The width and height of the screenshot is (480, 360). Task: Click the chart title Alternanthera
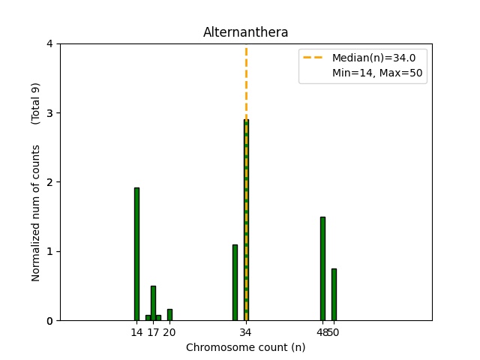[x=246, y=32]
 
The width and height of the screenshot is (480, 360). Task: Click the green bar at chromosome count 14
[x=136, y=254]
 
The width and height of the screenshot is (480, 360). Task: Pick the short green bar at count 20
[x=169, y=315]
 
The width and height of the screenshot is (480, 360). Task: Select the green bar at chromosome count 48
[x=322, y=268]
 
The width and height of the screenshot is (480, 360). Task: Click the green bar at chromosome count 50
[x=334, y=295]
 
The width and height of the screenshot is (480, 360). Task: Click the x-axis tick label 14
[x=136, y=331]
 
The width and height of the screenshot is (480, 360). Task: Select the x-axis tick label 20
[x=169, y=331]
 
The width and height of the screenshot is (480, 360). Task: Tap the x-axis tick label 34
[x=246, y=331]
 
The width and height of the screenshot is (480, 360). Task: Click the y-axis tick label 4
[x=49, y=43]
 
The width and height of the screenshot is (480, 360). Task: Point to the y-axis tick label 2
[x=49, y=182]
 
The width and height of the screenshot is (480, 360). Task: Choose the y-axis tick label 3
[x=49, y=113]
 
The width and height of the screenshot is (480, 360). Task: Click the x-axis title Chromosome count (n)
[x=246, y=347]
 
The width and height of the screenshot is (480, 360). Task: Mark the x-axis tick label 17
[x=153, y=331]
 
